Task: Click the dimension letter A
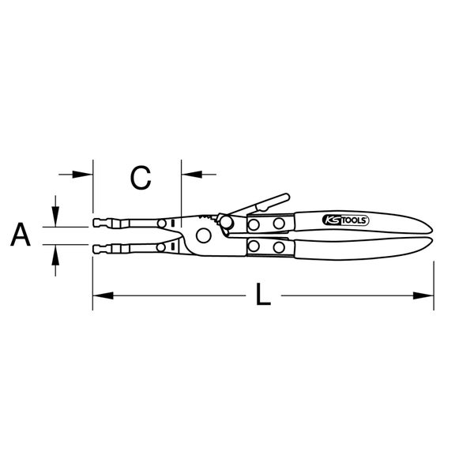click(21, 235)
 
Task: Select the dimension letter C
click(141, 178)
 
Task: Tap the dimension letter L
click(263, 294)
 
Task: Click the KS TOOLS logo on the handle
click(346, 220)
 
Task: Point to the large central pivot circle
click(204, 235)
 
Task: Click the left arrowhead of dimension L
click(103, 295)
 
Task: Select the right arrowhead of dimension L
click(423, 295)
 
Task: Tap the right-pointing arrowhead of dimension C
click(82, 175)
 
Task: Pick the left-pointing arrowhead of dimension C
click(192, 175)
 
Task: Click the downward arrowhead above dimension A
click(55, 216)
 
